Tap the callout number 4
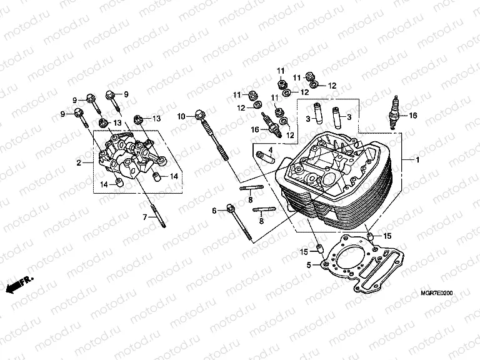pyautogui.click(x=271, y=150)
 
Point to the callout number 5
pyautogui.click(x=309, y=265)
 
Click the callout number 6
pyautogui.click(x=214, y=211)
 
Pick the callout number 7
pyautogui.click(x=144, y=216)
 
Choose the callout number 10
pyautogui.click(x=181, y=116)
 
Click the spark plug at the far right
pyautogui.click(x=394, y=113)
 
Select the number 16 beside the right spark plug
pyautogui.click(x=412, y=116)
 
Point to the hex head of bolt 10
pyautogui.click(x=199, y=114)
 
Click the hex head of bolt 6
pyautogui.click(x=231, y=208)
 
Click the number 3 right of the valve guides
pyautogui.click(x=349, y=117)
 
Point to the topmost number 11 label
pyautogui.click(x=281, y=69)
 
